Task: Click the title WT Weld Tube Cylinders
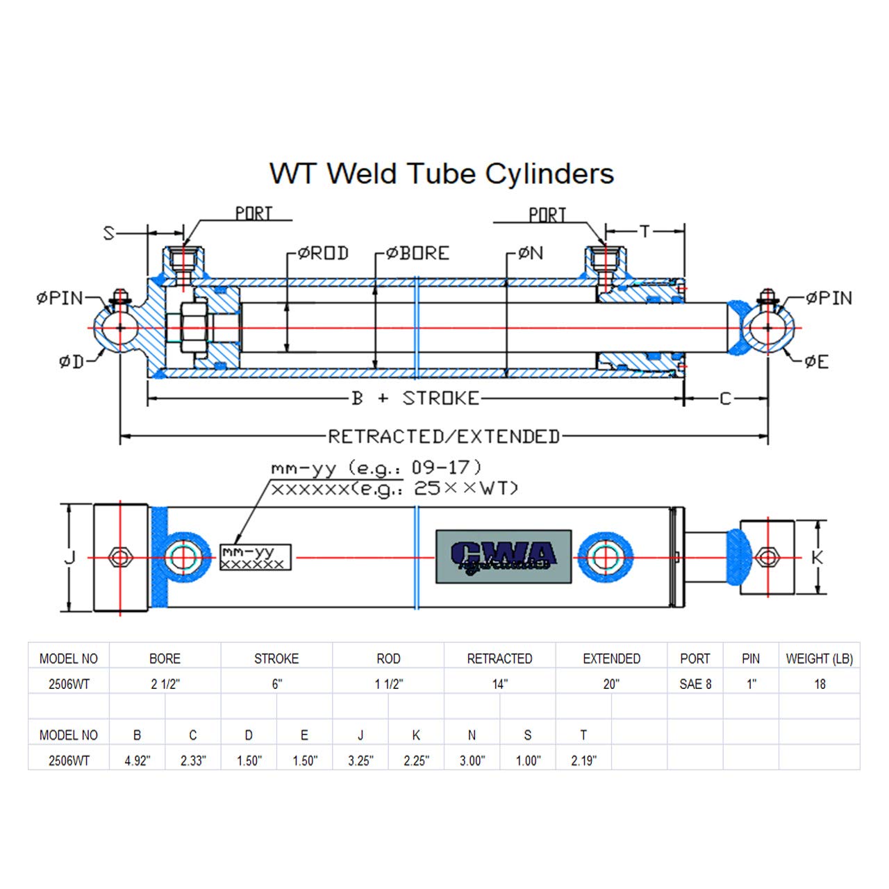[x=442, y=174]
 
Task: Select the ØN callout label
[x=531, y=254]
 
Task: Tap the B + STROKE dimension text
[x=415, y=399]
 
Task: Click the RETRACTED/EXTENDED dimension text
[x=444, y=437]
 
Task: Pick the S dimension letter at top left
[x=109, y=233]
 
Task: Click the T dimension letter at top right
[x=645, y=231]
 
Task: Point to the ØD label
[x=71, y=362]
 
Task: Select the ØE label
[x=817, y=362]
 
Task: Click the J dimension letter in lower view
[x=69, y=557]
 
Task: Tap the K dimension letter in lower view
[x=817, y=557]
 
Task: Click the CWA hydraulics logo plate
[x=504, y=556]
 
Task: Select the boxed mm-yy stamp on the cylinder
[x=255, y=558]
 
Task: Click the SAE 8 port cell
[x=695, y=684]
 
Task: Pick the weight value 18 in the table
[x=820, y=684]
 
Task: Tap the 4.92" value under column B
[x=138, y=761]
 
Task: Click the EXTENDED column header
[x=611, y=658]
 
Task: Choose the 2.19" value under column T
[x=583, y=761]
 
